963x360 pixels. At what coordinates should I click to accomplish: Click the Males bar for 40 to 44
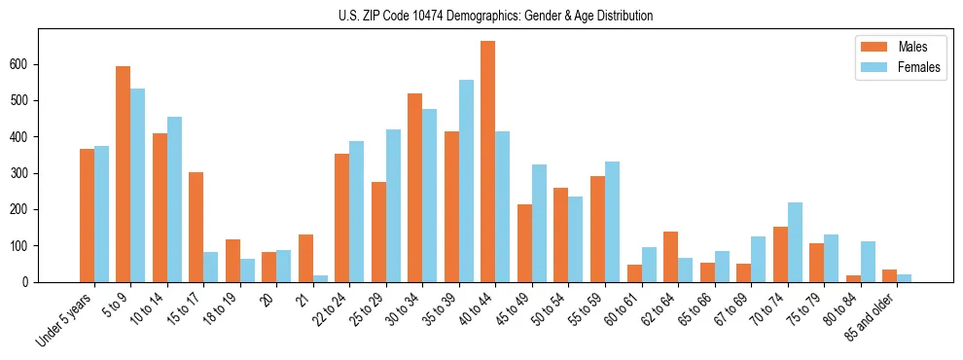point(488,162)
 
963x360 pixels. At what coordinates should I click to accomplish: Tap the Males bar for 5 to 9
point(124,174)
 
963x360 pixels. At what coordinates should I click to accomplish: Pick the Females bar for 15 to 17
point(211,268)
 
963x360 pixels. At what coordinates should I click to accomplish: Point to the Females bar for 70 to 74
point(795,242)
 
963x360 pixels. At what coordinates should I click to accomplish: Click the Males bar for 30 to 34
point(415,188)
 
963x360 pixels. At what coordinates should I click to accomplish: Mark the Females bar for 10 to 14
point(174,199)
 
